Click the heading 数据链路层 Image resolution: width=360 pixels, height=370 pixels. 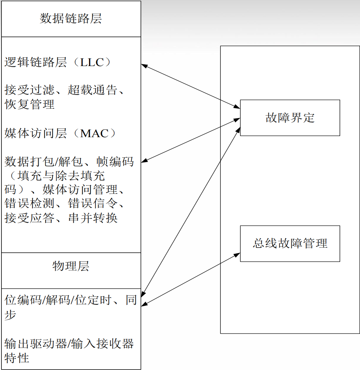(71, 19)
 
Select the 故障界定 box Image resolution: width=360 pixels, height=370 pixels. (290, 118)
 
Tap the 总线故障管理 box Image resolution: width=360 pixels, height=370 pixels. (290, 243)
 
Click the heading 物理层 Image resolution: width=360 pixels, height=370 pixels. (71, 266)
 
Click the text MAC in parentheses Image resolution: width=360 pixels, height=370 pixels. (94, 134)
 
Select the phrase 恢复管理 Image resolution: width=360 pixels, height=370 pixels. (30, 104)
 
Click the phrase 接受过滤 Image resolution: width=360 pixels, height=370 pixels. (30, 90)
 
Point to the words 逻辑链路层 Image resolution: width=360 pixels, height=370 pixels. (36, 62)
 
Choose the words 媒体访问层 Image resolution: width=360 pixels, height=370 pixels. (36, 134)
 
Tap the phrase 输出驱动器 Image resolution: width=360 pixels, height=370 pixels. (36, 344)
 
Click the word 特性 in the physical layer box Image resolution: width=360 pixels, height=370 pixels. (17, 358)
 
